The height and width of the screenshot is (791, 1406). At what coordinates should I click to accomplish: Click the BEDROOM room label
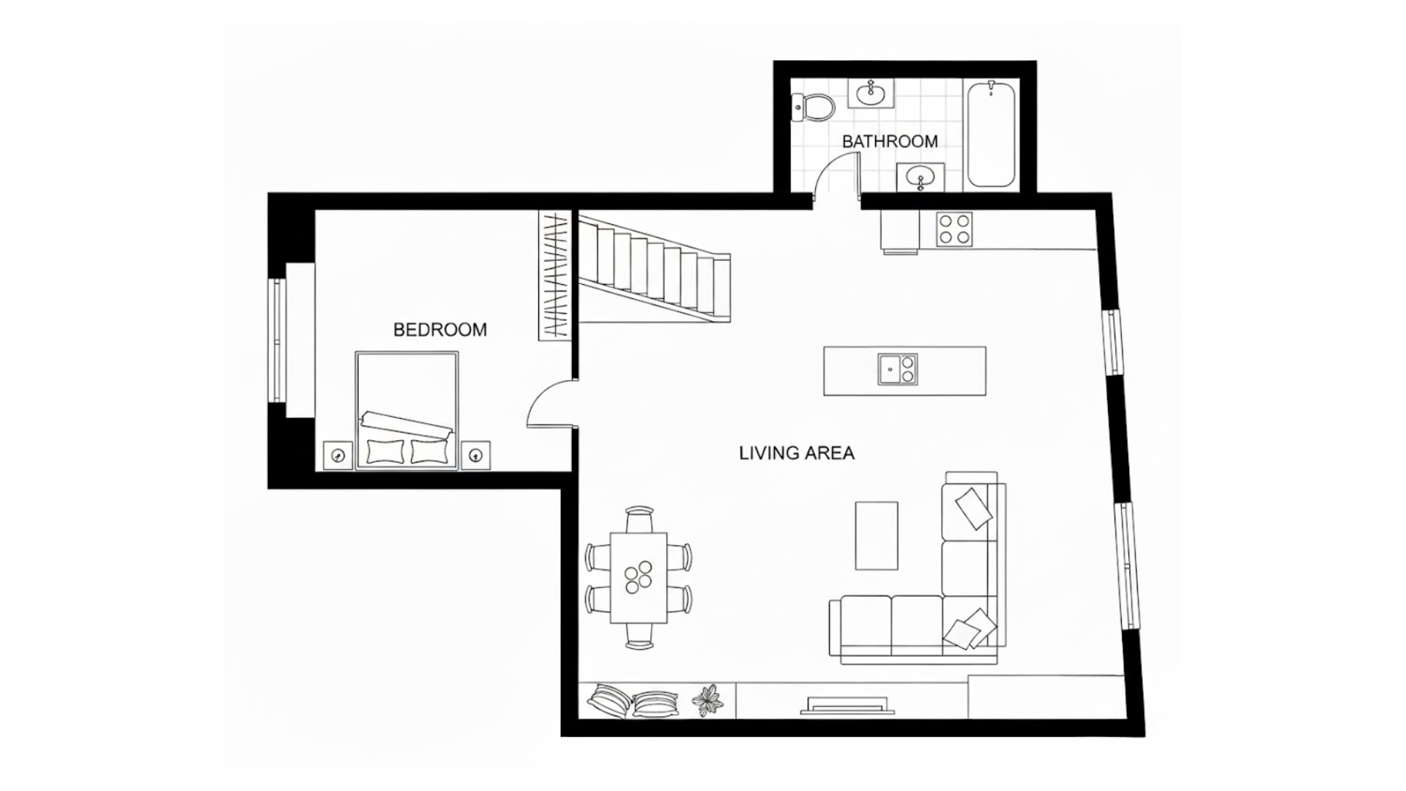click(439, 330)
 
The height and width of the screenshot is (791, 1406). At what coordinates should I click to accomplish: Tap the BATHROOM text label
click(890, 141)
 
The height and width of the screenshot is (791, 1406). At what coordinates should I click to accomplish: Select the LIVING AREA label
click(797, 453)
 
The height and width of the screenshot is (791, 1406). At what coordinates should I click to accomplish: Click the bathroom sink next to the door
click(920, 177)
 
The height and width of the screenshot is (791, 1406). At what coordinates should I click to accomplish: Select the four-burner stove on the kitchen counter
click(955, 228)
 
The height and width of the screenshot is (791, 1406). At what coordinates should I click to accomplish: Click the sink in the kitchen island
click(897, 369)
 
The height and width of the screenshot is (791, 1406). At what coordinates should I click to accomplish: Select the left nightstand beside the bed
click(338, 456)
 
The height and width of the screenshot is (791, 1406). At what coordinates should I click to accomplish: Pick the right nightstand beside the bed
click(475, 456)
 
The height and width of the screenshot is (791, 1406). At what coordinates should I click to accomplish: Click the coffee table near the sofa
click(877, 535)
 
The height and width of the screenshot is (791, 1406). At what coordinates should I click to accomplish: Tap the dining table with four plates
click(639, 578)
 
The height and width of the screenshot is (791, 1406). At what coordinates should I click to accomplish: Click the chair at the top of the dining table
click(639, 520)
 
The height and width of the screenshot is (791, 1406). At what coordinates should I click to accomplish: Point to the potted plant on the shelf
click(707, 700)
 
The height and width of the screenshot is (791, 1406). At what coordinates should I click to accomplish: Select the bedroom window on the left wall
click(278, 341)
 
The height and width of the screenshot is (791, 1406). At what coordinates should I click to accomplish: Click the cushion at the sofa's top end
click(973, 508)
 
